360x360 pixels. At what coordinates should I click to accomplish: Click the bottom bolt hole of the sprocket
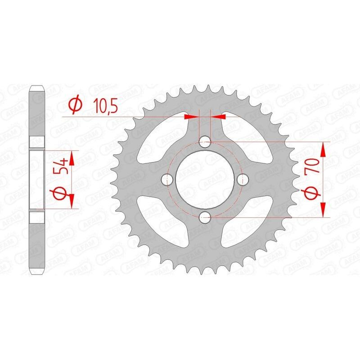pos(205,218)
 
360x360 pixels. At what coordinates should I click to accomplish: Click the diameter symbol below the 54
pos(63,194)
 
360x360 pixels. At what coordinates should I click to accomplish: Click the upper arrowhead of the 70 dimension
pos(323,148)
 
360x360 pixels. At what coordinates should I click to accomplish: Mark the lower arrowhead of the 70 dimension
pos(323,210)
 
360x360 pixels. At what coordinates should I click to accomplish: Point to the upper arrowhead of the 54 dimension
pos(71,156)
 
